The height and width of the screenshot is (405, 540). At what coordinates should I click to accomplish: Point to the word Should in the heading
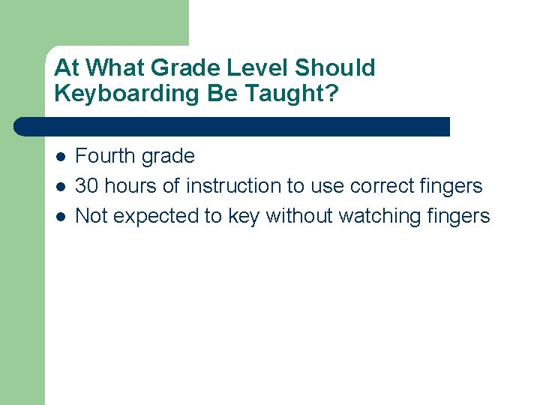[334, 67]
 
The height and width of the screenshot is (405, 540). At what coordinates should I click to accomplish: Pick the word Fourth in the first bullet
[104, 156]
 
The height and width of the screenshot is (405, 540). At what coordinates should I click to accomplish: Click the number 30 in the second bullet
[87, 185]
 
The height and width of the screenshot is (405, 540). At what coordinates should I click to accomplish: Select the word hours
[131, 185]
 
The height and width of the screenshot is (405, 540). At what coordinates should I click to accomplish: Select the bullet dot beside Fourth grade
[61, 157]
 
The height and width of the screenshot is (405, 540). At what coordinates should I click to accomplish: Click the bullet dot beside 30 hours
[61, 187]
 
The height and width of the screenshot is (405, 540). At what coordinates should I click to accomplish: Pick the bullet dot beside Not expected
[61, 217]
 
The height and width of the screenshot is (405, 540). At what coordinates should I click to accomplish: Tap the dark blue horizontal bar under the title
[232, 126]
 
